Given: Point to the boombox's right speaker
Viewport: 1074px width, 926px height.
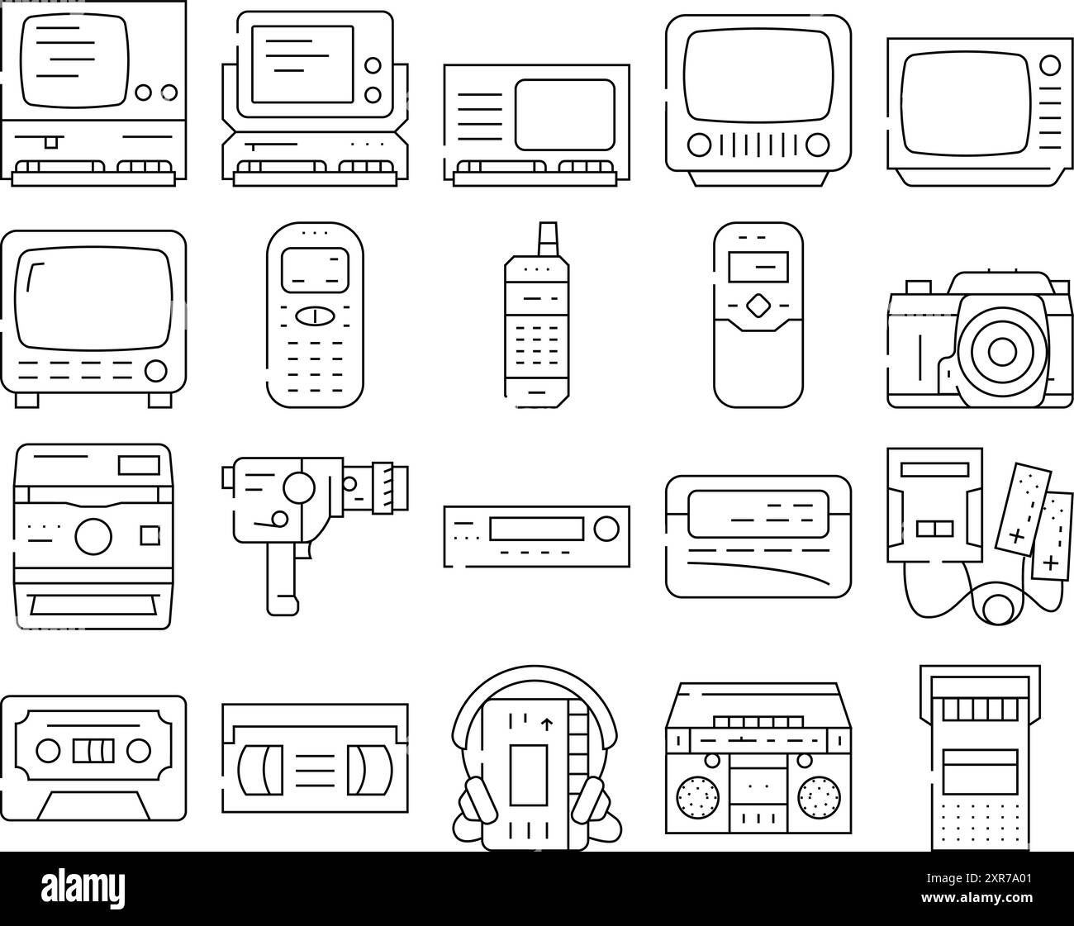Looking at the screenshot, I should click(818, 797).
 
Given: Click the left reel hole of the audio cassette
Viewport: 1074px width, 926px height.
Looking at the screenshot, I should click(49, 751).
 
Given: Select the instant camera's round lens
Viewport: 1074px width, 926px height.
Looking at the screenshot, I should click(93, 536).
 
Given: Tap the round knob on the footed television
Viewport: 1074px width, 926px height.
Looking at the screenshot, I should click(154, 370).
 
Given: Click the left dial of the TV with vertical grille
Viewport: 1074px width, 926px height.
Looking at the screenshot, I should click(699, 145).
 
